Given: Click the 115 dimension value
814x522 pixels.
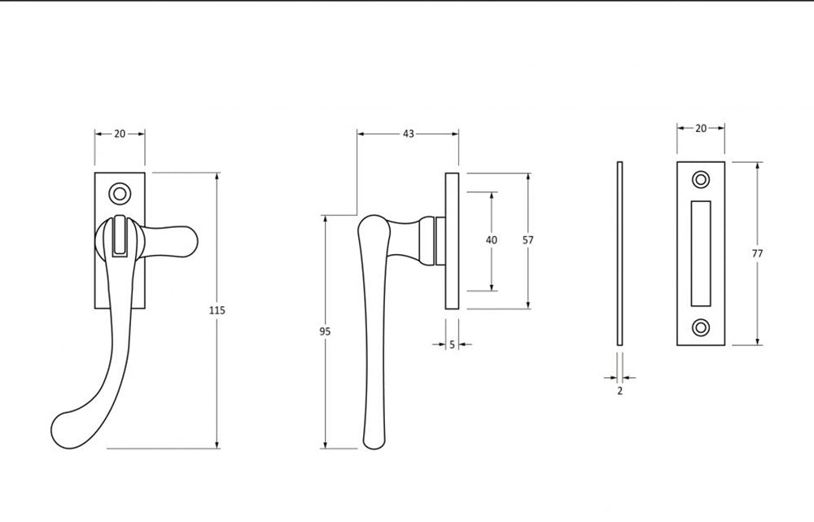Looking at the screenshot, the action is click(217, 310).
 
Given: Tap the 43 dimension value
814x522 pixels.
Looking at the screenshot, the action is click(409, 134).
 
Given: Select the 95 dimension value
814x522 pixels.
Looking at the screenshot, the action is click(325, 331).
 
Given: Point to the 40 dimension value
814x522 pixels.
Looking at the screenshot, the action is click(491, 240).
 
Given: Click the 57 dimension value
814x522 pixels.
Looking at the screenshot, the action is click(528, 240).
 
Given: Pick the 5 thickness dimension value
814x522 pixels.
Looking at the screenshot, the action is click(452, 344).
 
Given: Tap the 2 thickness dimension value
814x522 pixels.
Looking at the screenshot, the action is click(619, 391).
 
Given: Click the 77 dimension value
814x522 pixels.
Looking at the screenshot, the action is click(757, 254).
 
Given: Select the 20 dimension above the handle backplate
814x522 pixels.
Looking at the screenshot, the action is click(120, 134).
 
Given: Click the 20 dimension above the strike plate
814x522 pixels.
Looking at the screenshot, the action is click(701, 129).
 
